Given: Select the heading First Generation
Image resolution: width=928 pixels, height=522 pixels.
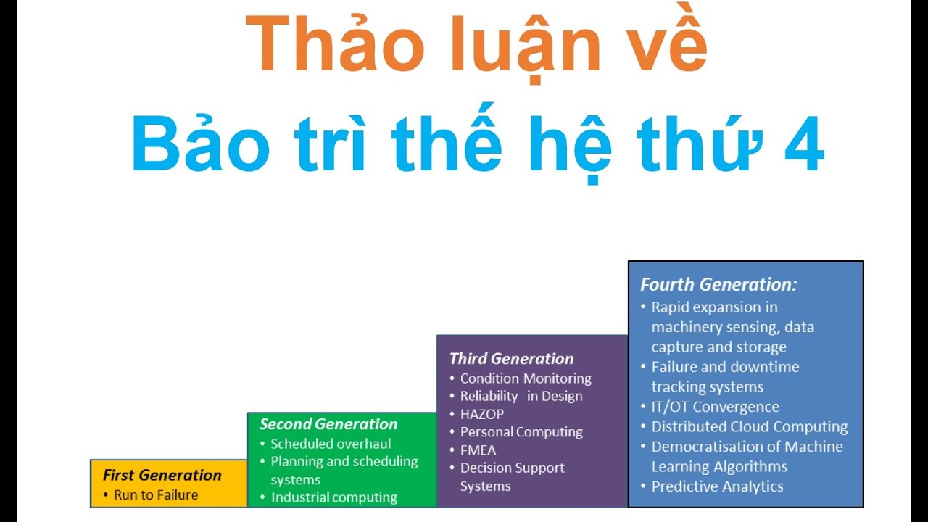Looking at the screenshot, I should [x=162, y=476].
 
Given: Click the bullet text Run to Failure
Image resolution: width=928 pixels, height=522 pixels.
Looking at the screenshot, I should [x=155, y=495].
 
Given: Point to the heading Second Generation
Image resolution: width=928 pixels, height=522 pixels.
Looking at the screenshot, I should [x=328, y=424].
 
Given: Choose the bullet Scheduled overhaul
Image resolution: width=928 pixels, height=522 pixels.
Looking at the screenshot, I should [x=331, y=444].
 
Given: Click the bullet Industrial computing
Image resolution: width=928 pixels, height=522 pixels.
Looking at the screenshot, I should [x=333, y=497].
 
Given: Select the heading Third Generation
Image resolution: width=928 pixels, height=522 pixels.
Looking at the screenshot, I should [x=511, y=359].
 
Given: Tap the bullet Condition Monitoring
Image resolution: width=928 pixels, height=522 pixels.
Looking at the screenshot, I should [x=526, y=378].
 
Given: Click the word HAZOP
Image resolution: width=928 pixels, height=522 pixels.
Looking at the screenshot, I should [x=481, y=414].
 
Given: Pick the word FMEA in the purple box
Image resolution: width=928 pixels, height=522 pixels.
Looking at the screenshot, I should [x=478, y=450].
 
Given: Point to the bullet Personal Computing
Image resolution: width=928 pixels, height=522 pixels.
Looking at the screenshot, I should [x=521, y=432].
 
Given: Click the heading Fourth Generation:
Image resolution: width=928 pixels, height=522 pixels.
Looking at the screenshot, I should [x=718, y=285].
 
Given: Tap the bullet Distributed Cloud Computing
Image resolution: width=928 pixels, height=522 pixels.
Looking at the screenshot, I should [x=749, y=427].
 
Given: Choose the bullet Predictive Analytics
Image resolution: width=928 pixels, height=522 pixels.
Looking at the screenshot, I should [x=717, y=486].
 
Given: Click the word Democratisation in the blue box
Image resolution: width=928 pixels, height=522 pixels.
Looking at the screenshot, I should [x=707, y=447].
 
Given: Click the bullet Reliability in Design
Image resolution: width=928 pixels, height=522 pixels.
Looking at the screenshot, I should [x=521, y=396].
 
